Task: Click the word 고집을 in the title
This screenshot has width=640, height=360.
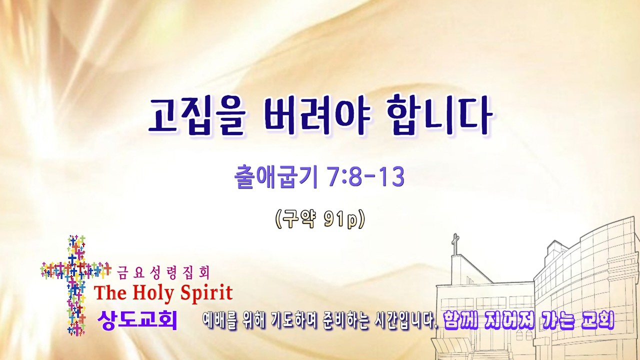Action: (x=197, y=117)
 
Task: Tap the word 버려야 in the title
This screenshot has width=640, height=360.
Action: (x=317, y=117)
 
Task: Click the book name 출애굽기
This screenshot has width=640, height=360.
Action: (x=275, y=177)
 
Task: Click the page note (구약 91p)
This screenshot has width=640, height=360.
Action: (x=320, y=219)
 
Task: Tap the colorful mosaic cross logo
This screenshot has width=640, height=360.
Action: (x=75, y=285)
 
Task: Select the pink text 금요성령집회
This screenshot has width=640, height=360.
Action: (x=163, y=272)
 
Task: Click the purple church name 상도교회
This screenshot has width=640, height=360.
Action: (x=137, y=320)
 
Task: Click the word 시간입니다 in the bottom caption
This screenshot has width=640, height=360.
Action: (x=405, y=321)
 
